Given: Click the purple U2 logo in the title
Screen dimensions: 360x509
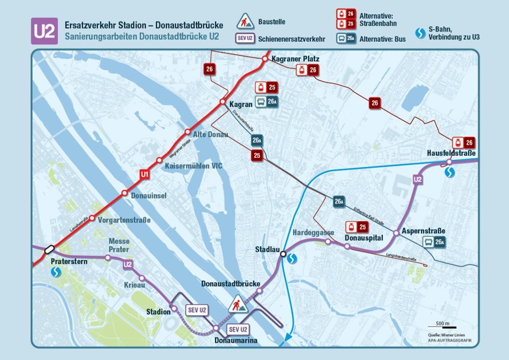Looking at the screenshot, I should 44,31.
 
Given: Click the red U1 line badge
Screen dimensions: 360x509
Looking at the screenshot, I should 145,175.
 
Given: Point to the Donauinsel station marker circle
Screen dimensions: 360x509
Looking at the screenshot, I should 124,193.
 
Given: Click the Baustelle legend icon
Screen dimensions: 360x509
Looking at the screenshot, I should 247,22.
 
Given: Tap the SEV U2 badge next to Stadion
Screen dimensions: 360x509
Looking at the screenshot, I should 197,310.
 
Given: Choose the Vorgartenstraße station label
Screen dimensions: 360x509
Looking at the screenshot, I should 125,220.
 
